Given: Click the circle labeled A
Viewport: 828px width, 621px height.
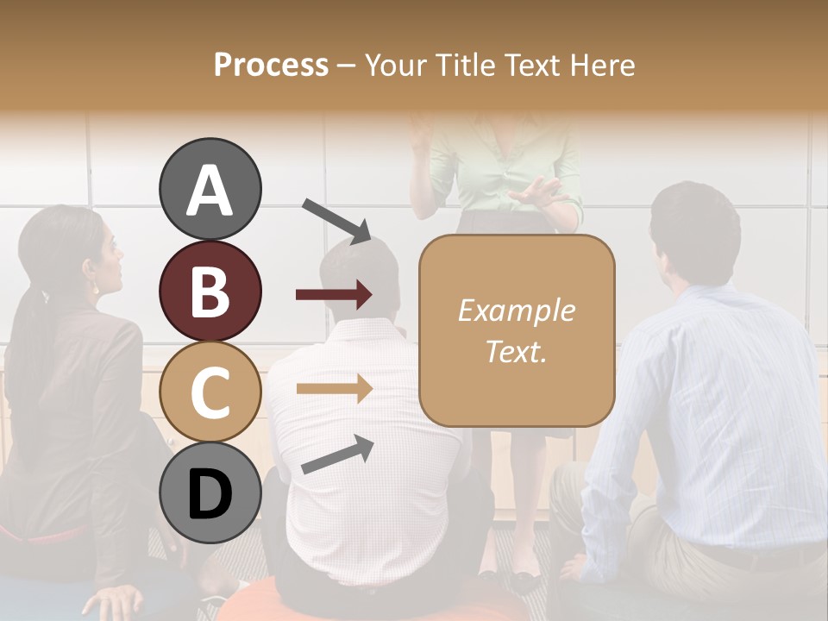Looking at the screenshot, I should [x=210, y=189].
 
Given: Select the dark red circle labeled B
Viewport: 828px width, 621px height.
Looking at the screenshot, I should [x=210, y=291].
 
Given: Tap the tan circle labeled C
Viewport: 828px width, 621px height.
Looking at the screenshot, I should [x=210, y=392].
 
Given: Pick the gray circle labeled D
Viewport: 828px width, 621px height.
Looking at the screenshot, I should [x=210, y=492].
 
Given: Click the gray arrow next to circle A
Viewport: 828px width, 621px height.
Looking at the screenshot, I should [x=336, y=221].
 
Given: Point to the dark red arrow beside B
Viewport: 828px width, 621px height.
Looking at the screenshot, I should [x=334, y=295].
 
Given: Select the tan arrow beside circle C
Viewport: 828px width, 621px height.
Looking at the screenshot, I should [x=334, y=388].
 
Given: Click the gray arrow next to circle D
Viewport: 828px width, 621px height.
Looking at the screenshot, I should [x=337, y=455].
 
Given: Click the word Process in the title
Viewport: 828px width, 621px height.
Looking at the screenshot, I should [x=271, y=65].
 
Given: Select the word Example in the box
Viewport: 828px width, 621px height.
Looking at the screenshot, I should [x=516, y=310].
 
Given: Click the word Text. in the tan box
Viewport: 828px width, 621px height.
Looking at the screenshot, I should [x=516, y=351].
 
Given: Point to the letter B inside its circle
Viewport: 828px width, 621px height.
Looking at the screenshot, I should [x=210, y=291].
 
